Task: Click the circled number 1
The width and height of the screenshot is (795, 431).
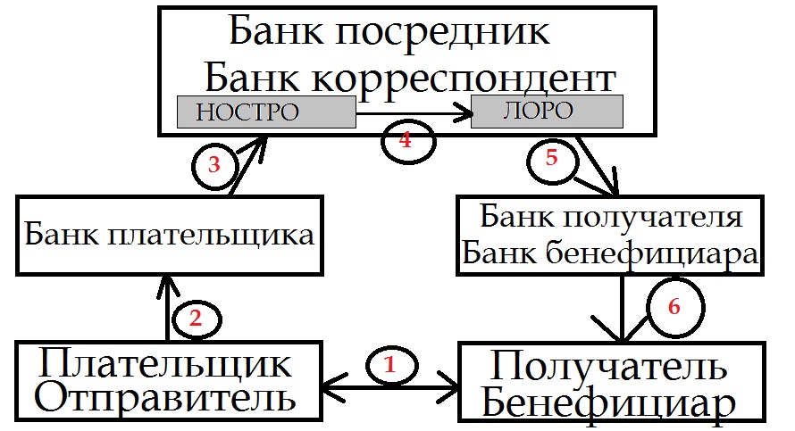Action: click(389, 364)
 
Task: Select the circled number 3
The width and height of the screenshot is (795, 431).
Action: click(213, 165)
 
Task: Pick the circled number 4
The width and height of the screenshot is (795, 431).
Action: click(406, 140)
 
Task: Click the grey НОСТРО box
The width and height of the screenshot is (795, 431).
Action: click(266, 112)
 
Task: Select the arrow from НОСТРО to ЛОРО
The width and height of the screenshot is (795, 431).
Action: click(413, 114)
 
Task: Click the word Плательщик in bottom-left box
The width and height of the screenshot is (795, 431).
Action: click(166, 365)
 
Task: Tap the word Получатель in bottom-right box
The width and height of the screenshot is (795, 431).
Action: click(609, 367)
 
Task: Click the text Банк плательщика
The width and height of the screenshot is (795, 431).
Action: click(170, 236)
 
